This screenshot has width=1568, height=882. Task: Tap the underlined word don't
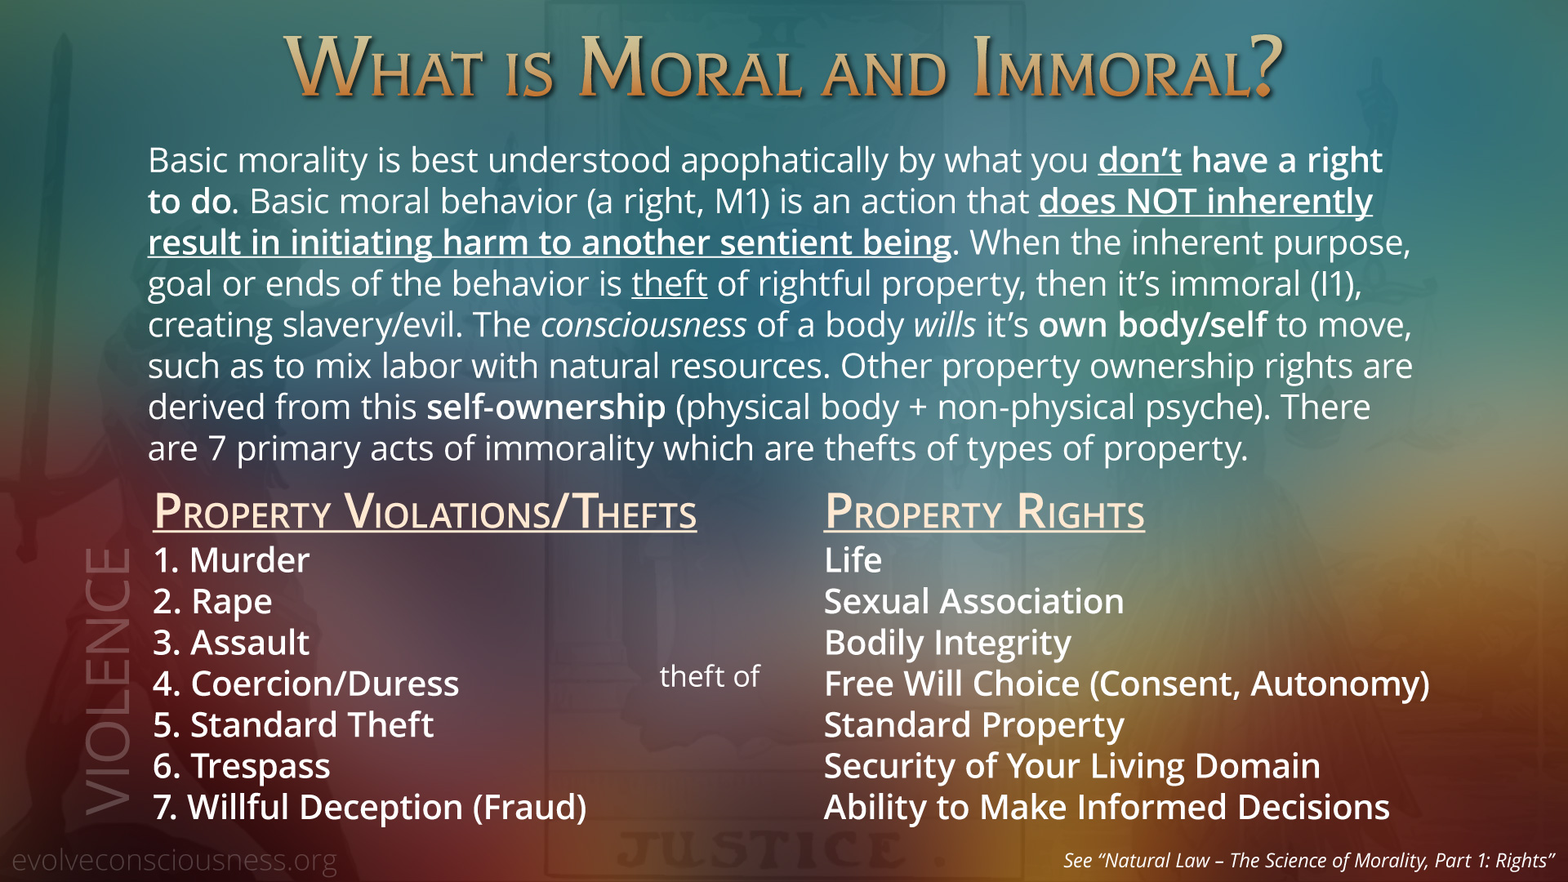(x=1139, y=161)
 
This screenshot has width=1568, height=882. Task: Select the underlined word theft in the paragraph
(x=669, y=284)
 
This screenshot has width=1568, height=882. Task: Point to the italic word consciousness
(x=644, y=326)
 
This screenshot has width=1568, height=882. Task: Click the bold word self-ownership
(x=546, y=408)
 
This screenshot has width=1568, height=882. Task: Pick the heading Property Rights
(x=984, y=513)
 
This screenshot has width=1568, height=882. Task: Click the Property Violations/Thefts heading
(x=425, y=513)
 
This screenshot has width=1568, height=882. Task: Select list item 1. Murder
(x=231, y=560)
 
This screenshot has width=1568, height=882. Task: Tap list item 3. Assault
(x=231, y=643)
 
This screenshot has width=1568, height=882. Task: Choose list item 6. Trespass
(x=242, y=767)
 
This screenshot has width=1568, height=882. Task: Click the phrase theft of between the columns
(x=710, y=676)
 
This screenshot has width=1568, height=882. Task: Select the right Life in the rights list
(x=853, y=560)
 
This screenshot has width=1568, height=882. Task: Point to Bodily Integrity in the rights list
(x=947, y=644)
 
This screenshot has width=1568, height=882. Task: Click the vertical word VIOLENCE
(x=108, y=681)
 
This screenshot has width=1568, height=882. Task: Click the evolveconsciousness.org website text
(x=174, y=861)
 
